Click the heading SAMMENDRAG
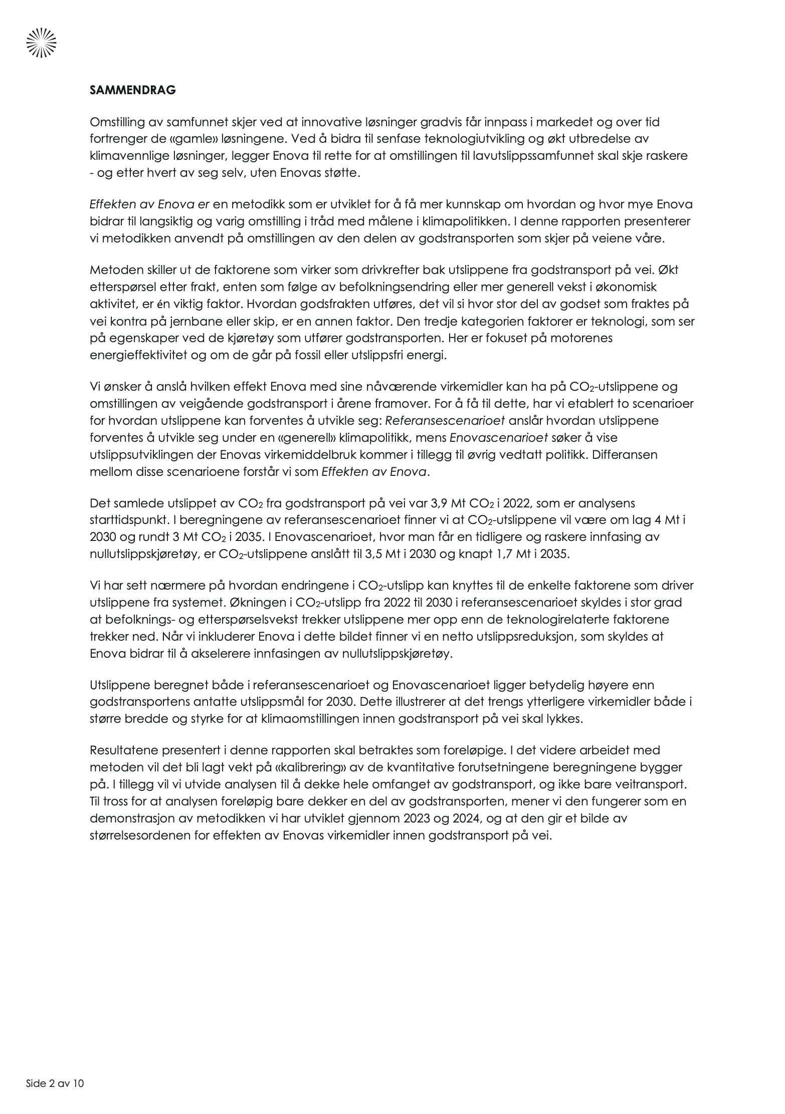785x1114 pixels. pos(132,91)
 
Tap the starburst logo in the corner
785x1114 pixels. pos(41,43)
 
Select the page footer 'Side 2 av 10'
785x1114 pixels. pos(55,1083)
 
